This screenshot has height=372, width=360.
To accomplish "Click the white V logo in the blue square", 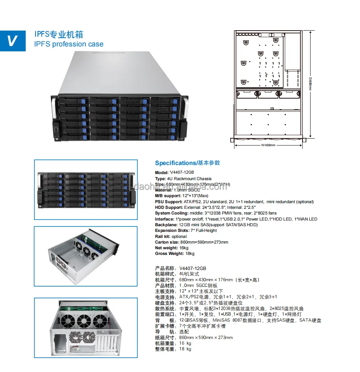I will (x=12, y=40).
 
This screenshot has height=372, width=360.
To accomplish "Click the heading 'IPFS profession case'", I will (x=68, y=44).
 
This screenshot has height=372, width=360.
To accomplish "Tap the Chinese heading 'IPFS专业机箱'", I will (x=59, y=35).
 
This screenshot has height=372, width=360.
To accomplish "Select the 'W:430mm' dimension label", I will (x=268, y=144).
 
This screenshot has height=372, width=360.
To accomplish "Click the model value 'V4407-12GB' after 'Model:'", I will (x=182, y=173).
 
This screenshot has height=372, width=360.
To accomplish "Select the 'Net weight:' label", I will (x=167, y=248).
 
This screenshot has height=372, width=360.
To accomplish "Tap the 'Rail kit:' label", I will (x=165, y=236).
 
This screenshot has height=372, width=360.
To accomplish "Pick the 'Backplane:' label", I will (x=166, y=225).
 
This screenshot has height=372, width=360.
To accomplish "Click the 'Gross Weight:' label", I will (x=169, y=253).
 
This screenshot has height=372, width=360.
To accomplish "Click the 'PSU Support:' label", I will (x=169, y=202).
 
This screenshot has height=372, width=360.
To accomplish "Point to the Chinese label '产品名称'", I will (x=165, y=269).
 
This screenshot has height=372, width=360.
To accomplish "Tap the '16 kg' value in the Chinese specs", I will (x=185, y=343).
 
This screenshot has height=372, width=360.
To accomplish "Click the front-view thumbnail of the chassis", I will (x=86, y=189).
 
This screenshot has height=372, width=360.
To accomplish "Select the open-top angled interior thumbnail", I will (x=86, y=256).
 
